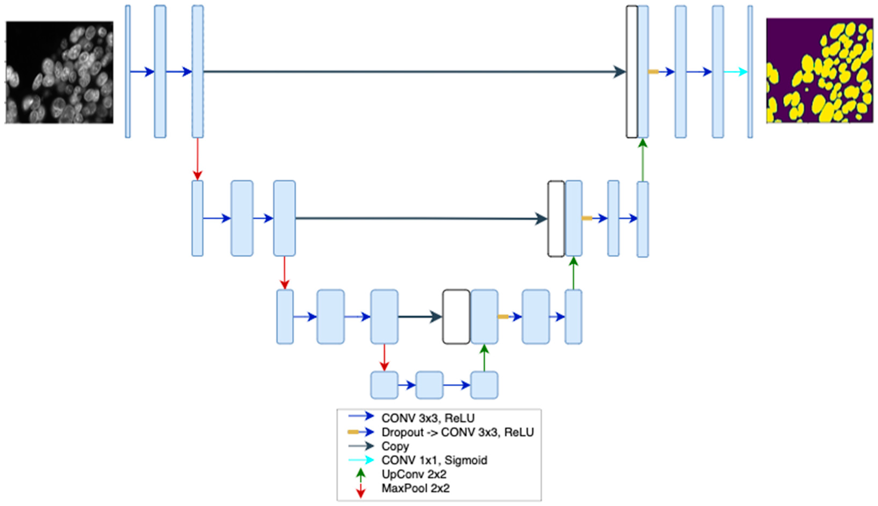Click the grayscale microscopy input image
click(59, 72)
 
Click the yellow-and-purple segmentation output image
click(820, 71)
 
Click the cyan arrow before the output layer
click(735, 72)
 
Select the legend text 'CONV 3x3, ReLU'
click(428, 418)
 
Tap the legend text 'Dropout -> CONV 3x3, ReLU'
click(458, 432)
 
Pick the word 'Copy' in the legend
click(395, 446)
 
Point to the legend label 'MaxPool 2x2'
click(416, 488)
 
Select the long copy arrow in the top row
click(413, 72)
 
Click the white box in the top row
click(632, 72)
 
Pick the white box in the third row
click(456, 316)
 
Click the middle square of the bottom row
click(430, 385)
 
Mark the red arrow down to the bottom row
click(384, 357)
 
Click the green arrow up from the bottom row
click(484, 357)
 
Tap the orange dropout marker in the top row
click(653, 72)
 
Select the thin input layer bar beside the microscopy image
click(128, 72)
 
